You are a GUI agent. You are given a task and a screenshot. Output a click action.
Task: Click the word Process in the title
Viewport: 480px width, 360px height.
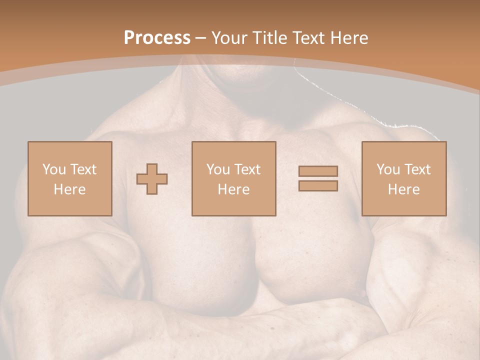[x=157, y=38]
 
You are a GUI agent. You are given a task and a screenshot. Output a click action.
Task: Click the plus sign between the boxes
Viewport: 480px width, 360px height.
[x=152, y=179]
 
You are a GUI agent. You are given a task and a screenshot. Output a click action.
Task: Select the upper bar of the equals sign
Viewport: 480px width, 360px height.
[x=318, y=171]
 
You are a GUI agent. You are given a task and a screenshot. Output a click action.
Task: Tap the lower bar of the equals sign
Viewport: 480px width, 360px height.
[x=318, y=186]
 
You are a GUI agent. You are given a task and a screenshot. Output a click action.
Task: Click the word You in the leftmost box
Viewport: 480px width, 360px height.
[x=54, y=169]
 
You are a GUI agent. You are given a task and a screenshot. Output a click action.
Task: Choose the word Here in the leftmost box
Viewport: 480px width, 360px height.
[x=69, y=189]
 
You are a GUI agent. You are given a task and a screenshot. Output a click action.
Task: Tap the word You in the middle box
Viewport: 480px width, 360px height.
[x=218, y=169]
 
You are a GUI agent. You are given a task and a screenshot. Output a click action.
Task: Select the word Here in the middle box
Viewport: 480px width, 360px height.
[x=233, y=189]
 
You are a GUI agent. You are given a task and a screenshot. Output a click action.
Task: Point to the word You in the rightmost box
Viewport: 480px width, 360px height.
[x=388, y=169]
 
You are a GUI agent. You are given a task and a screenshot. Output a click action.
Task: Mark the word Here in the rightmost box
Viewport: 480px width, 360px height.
[x=403, y=189]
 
